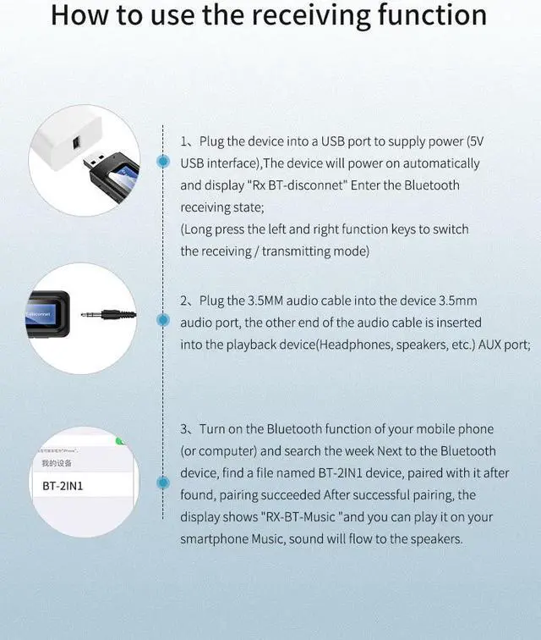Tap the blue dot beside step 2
point(163,321)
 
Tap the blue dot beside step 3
point(163,483)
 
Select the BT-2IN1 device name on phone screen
point(63,486)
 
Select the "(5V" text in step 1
point(477,141)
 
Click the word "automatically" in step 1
point(428,163)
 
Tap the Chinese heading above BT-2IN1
point(52,463)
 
